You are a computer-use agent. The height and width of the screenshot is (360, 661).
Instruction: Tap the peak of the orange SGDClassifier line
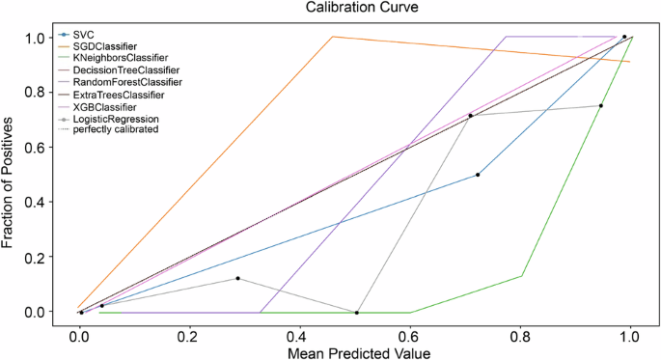point(333,37)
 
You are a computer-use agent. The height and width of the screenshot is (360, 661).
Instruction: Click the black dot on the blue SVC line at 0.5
point(478,175)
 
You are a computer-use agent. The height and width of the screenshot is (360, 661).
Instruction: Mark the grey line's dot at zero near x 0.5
point(357,313)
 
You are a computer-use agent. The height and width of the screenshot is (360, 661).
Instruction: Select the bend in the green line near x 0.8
point(522,277)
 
